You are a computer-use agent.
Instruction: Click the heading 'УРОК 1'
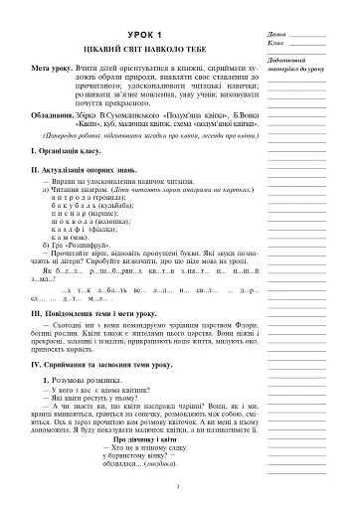point(135,36)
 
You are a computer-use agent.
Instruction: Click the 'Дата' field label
point(275,33)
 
